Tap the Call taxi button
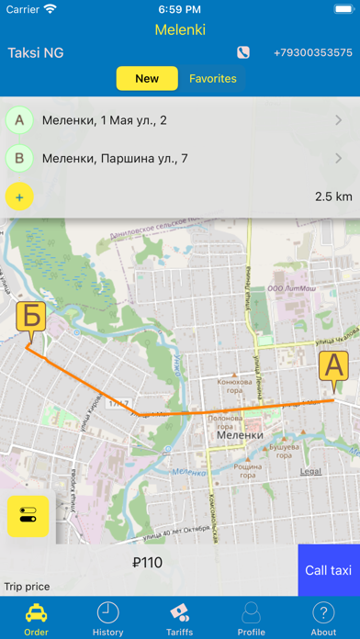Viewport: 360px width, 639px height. pos(329,570)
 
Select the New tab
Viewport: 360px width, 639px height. pos(147,79)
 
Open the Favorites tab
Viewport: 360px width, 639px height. pos(213,79)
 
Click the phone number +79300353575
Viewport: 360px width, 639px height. pos(312,53)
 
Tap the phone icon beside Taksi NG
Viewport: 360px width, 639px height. pos(243,53)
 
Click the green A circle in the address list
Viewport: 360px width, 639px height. pos(19,119)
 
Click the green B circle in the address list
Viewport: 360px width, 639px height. pos(19,158)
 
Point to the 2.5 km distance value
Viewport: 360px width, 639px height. pos(333,196)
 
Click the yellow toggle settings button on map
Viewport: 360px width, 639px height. pos(28,516)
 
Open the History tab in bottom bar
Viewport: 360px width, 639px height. pos(107,619)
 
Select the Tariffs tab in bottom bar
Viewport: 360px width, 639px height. pos(179,619)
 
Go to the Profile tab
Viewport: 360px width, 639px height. pos(251,619)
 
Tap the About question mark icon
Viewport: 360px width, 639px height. pos(323,613)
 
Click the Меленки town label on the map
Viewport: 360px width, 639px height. pos(241,435)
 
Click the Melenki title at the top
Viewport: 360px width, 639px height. pos(180,29)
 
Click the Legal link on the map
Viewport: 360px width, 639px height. pos(310,471)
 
